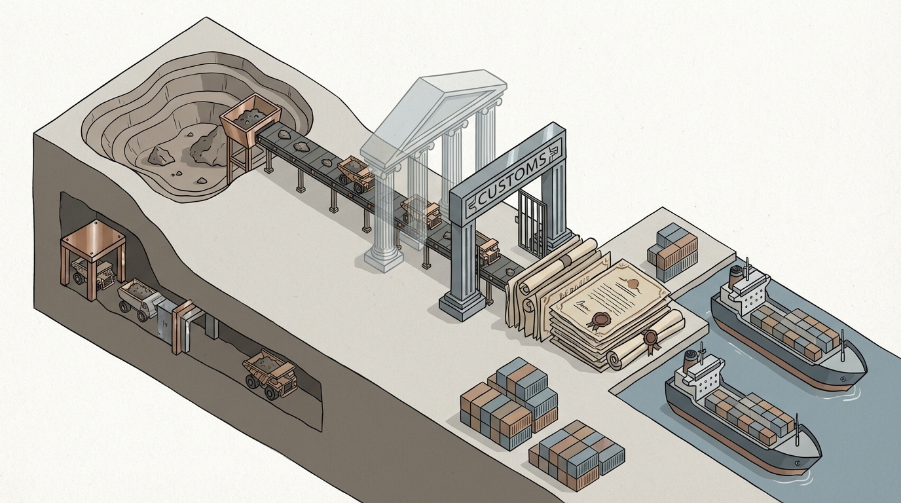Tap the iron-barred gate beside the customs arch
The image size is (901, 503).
click(x=532, y=223)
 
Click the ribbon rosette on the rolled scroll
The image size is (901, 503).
click(x=650, y=339)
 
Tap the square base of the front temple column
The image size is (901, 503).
click(x=383, y=261)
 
